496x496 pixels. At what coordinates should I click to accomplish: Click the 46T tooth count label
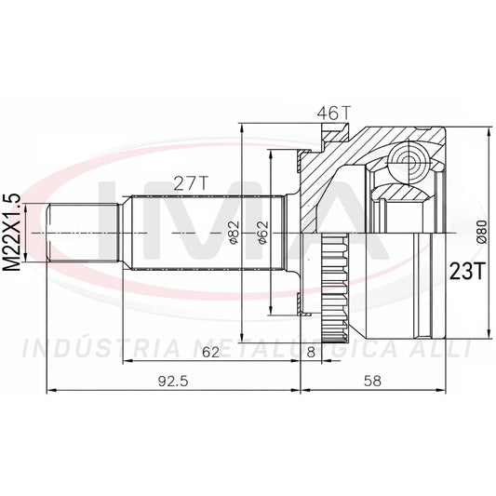(x=334, y=114)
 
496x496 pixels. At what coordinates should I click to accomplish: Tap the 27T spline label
(x=192, y=182)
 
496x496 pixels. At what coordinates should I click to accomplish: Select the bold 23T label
(x=467, y=271)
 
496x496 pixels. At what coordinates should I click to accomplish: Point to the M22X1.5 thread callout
(x=12, y=233)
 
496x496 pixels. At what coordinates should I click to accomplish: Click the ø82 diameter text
(x=235, y=233)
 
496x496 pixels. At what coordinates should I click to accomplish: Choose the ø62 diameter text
(x=262, y=233)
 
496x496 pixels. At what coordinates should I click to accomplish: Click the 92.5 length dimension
(x=173, y=382)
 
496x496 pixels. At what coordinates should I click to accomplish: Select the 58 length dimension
(x=372, y=382)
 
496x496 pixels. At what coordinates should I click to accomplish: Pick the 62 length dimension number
(x=210, y=352)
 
